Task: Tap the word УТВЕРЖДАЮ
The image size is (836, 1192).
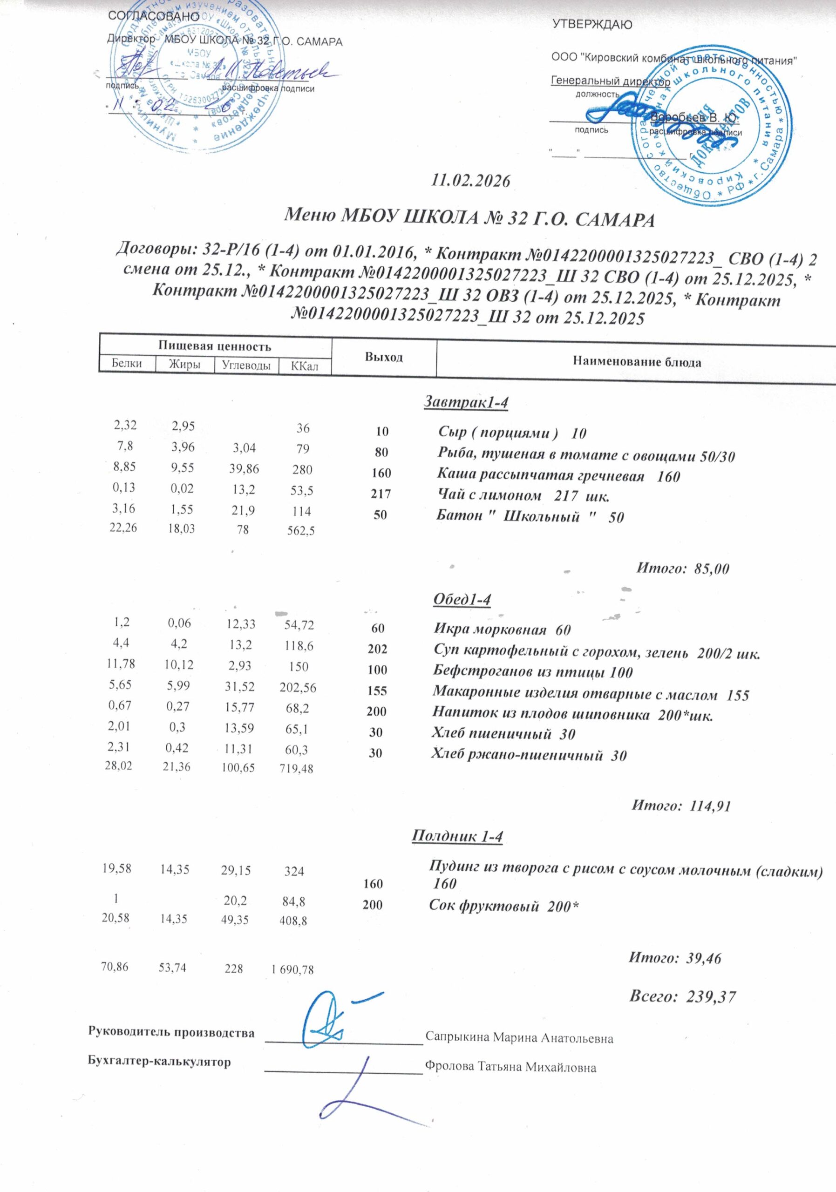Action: pos(592,24)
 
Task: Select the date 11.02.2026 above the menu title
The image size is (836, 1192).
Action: pos(471,181)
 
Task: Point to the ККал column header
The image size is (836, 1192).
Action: pos(304,366)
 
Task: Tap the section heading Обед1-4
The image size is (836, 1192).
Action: pos(462,599)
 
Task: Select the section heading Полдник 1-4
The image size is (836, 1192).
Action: pos(457,836)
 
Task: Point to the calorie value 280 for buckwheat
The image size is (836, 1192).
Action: pos(302,470)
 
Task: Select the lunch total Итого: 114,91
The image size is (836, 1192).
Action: pos(681,805)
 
